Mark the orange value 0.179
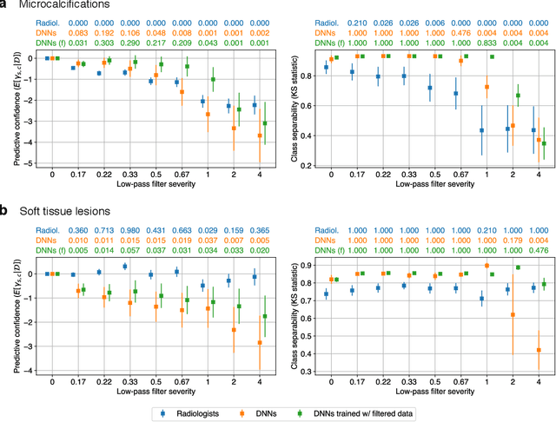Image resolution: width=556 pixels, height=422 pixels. click(x=514, y=240)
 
